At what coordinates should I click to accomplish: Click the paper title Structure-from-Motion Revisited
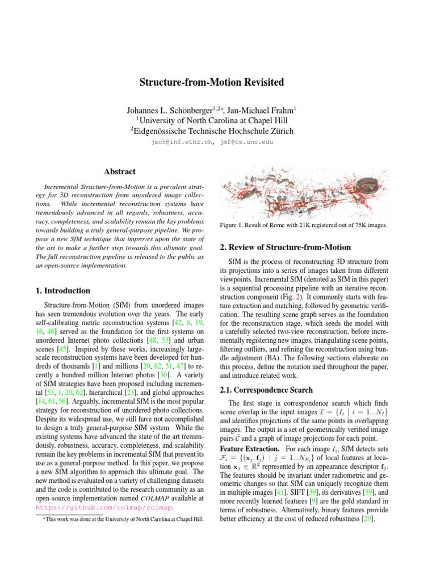212,83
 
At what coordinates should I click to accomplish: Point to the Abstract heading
119,171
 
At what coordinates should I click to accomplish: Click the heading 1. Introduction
62,290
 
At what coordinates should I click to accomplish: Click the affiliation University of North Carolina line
211,120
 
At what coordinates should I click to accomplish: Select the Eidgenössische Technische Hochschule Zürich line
211,132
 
